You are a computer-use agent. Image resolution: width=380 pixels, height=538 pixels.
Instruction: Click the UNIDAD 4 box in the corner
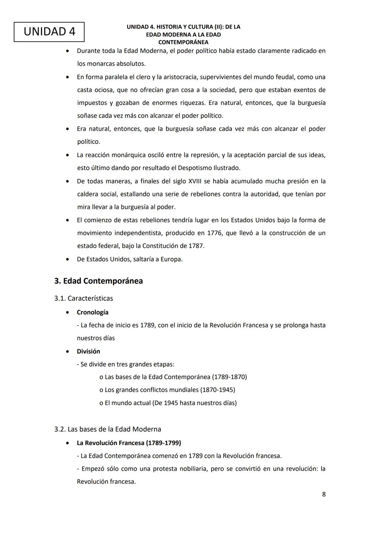coord(49,32)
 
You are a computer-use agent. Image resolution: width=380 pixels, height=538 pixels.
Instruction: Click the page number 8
coord(324,494)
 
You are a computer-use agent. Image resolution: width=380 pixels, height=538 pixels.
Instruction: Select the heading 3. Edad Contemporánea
coord(99,281)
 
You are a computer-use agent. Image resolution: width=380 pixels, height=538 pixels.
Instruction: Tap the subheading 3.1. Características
coord(83,298)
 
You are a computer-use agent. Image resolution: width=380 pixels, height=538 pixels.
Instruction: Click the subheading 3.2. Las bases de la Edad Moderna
coord(108,429)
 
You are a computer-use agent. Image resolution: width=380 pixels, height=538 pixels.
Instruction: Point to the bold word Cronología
coord(93,312)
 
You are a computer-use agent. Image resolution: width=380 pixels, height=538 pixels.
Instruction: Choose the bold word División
coord(88,351)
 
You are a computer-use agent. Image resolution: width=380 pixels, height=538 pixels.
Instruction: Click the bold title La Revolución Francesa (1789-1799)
coord(129,443)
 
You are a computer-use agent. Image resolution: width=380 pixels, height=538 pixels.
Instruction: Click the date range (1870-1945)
coord(217,390)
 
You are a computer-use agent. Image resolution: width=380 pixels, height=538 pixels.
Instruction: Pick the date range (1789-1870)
coord(229,377)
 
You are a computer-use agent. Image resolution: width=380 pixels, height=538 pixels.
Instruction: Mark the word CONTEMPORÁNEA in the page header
coord(183,42)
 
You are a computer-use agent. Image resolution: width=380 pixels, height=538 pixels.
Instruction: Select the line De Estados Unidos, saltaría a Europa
coord(129,259)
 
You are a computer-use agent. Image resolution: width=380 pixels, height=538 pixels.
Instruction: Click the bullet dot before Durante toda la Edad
coord(67,51)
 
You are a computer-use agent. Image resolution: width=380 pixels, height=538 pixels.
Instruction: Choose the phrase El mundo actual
coord(128,403)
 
